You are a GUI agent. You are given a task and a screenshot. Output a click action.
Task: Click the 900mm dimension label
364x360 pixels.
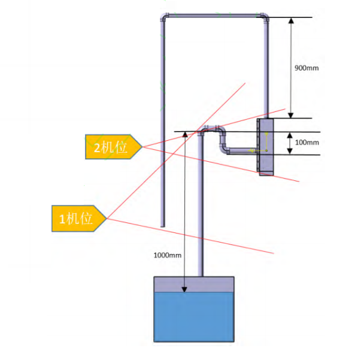[x=307, y=68]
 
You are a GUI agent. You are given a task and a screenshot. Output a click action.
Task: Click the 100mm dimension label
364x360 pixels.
[x=307, y=143]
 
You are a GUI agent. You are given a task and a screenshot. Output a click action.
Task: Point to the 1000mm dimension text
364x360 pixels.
[x=168, y=255]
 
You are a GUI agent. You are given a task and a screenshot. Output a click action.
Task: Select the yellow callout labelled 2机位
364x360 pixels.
[x=114, y=147]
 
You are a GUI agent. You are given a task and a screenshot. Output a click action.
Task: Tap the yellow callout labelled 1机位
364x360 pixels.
[x=79, y=219]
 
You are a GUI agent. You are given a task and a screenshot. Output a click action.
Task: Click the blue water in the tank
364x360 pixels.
[x=194, y=317]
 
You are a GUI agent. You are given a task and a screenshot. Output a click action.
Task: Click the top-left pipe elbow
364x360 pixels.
[x=165, y=17]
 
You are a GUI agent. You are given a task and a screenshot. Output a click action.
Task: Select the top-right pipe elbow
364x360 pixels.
[x=264, y=17]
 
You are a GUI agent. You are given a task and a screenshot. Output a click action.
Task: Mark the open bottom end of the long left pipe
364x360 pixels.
[x=162, y=226]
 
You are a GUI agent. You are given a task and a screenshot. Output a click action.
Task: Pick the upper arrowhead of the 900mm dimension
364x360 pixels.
[x=291, y=20]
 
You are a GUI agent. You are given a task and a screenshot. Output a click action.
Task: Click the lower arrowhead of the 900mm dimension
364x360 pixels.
[x=291, y=115]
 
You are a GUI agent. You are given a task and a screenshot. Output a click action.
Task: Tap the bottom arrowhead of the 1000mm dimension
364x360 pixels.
[x=184, y=289]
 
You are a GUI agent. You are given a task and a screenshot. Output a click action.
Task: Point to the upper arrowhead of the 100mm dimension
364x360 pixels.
[x=290, y=135]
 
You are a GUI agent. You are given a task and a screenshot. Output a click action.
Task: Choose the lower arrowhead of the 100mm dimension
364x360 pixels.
[x=290, y=152]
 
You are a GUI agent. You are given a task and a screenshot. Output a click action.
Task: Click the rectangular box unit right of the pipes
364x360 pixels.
[x=265, y=147]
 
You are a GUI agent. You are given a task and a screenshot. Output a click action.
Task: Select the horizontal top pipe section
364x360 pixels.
[x=214, y=16]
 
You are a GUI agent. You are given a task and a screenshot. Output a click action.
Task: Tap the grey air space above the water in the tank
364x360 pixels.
[x=194, y=285]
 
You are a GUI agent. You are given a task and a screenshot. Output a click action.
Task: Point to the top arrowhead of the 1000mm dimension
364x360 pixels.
[x=185, y=135]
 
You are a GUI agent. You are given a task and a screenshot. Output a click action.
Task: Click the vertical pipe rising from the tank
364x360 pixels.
[x=201, y=204]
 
